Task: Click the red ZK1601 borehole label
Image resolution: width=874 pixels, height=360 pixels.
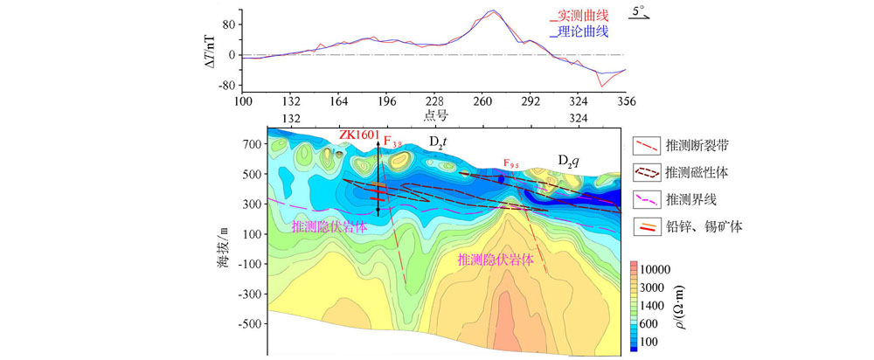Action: (x=360, y=135)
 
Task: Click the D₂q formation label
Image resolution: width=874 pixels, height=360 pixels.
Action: (x=572, y=160)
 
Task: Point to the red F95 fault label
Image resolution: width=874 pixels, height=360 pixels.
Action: (x=512, y=163)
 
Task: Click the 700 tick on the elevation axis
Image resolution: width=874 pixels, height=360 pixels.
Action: (x=253, y=143)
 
